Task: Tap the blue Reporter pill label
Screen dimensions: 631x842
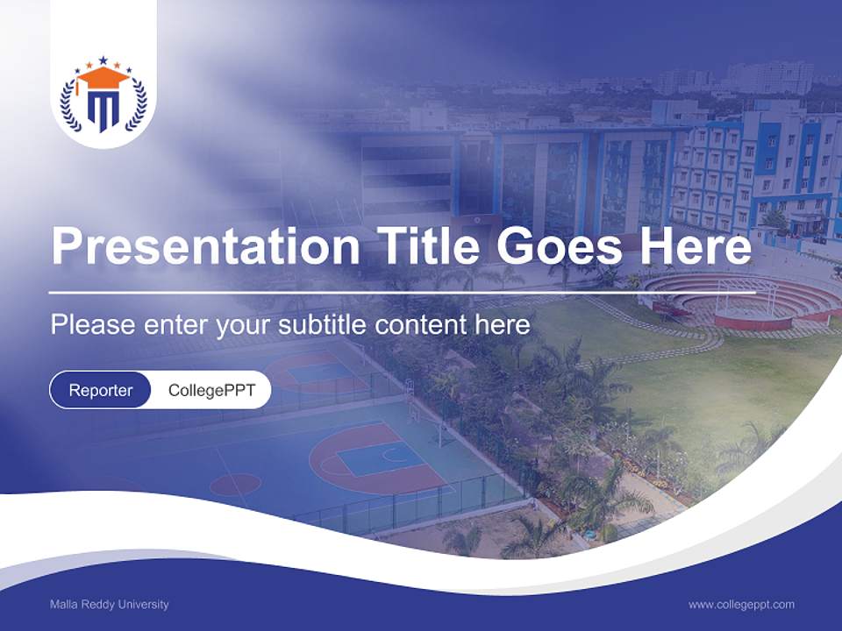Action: (100, 390)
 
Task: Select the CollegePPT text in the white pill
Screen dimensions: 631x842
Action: (211, 390)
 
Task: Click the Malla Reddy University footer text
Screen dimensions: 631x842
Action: (110, 604)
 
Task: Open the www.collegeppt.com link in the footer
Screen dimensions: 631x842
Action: (741, 604)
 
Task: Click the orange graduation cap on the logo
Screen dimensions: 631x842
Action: (103, 79)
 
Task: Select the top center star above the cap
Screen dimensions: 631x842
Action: (103, 60)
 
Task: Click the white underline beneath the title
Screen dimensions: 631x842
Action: (401, 292)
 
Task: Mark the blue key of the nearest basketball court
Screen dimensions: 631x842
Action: (380, 458)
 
